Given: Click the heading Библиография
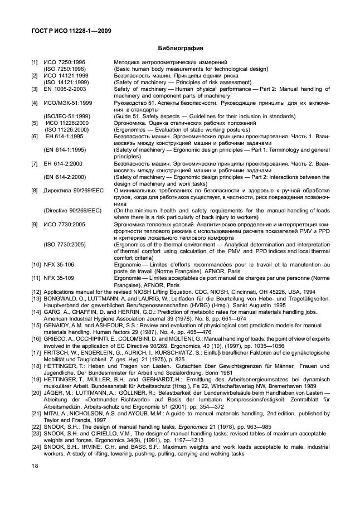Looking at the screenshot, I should [x=180, y=48].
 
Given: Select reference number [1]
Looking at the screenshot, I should [x=35, y=62].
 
